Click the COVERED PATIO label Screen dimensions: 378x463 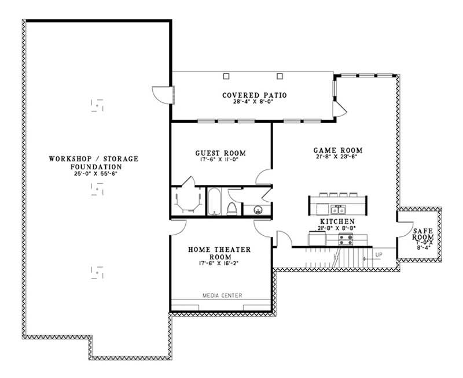click(x=255, y=95)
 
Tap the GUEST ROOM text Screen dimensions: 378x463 click(x=220, y=153)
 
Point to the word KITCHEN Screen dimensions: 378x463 click(x=336, y=221)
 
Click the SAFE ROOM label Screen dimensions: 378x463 click(x=422, y=232)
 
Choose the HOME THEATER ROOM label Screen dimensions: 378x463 click(x=220, y=253)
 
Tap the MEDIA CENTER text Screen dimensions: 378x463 click(x=222, y=296)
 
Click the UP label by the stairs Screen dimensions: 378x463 click(x=379, y=254)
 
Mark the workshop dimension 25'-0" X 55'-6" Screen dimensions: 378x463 click(x=94, y=173)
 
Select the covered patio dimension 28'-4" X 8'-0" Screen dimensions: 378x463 click(x=255, y=102)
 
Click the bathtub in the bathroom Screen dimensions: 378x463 click(x=214, y=202)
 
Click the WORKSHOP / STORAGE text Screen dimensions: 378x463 click(x=94, y=159)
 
